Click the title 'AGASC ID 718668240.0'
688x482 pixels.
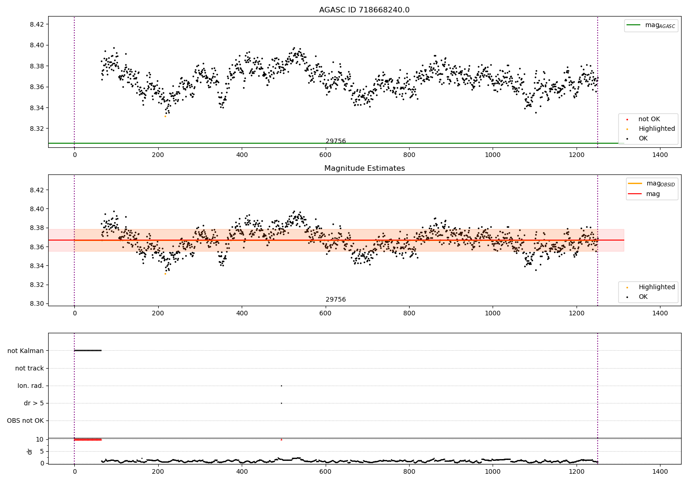coord(364,10)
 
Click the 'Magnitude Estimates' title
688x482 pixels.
coord(364,168)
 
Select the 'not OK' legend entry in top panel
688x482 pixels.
coord(649,119)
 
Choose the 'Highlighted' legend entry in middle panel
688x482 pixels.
coord(656,287)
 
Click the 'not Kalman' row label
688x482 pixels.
coord(26,351)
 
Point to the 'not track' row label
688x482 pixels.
coord(29,368)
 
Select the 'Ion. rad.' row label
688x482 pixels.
coord(31,386)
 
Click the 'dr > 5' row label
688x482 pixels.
coord(34,403)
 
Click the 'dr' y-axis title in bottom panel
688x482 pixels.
coord(30,451)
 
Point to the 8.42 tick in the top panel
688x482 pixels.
coord(37,24)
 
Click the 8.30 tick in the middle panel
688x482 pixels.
coord(37,303)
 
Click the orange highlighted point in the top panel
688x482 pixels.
coord(165,116)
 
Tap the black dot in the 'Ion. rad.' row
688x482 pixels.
coord(281,386)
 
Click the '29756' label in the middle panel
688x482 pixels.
coord(336,299)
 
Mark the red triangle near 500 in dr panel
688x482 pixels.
coord(281,439)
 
